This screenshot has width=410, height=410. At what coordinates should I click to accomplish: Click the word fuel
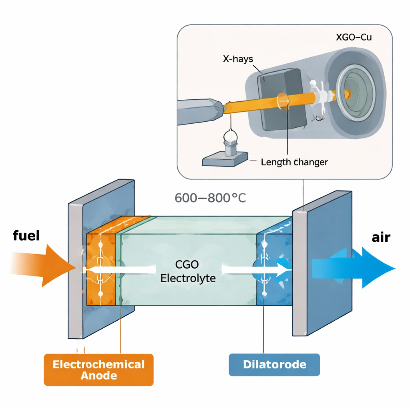point(26,235)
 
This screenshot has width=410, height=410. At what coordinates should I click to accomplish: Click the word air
point(380,237)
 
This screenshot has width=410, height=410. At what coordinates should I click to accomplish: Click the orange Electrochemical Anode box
point(98,370)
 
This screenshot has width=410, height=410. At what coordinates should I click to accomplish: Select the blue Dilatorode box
point(274,365)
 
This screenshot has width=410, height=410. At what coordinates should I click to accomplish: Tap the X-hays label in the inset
point(238,59)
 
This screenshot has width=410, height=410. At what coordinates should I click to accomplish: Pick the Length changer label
point(294,162)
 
